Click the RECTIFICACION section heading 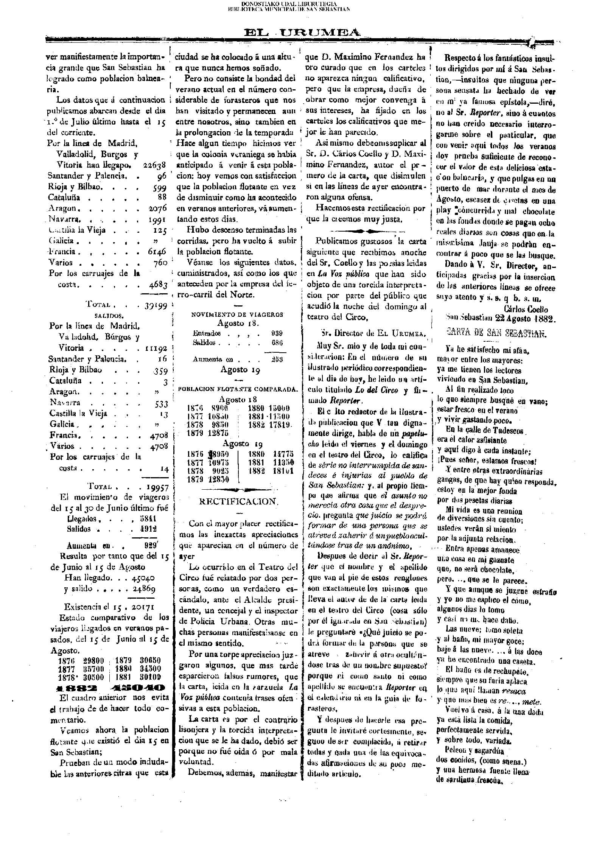coord(239,502)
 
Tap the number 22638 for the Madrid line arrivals coord(155,165)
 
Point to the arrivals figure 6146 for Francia coord(158,252)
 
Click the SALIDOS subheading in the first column coord(109,315)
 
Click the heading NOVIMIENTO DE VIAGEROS coord(237,314)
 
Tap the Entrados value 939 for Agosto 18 coord(277,333)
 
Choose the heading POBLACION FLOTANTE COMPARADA coord(238,389)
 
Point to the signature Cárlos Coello coord(526,310)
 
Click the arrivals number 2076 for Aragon coord(157,208)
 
